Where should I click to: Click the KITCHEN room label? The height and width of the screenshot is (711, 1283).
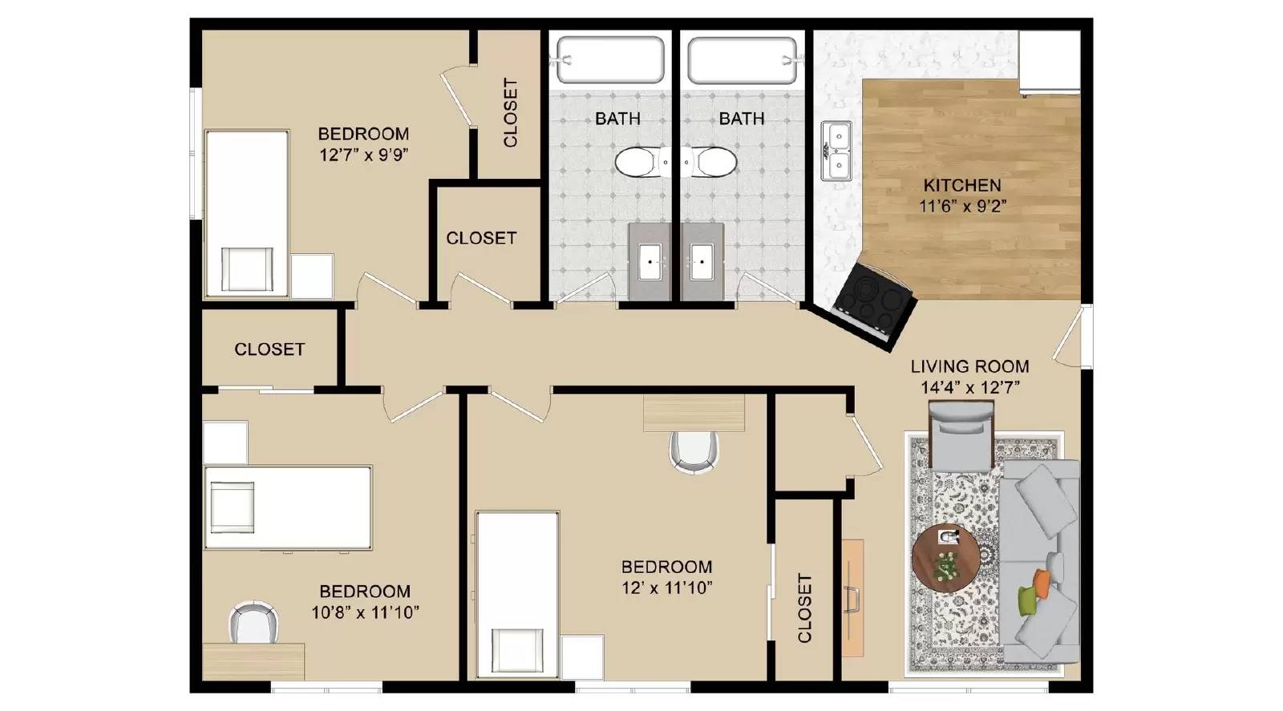click(961, 185)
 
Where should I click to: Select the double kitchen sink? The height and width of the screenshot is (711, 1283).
click(836, 151)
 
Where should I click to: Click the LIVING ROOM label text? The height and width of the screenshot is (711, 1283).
click(969, 366)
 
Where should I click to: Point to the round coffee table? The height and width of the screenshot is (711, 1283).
click(945, 557)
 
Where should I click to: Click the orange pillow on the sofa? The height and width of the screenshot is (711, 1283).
click(1041, 583)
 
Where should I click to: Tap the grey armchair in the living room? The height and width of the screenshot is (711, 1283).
click(961, 438)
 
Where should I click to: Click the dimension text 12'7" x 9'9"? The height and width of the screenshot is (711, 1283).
click(364, 155)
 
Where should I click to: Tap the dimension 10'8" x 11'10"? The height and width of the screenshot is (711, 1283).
click(365, 613)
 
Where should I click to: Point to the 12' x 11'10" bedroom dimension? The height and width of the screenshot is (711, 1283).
click(666, 588)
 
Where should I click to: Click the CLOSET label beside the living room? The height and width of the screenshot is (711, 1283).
click(804, 608)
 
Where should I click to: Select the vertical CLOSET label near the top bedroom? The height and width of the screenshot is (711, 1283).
click(510, 112)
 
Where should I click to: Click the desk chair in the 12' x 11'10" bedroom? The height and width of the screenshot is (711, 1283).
click(693, 450)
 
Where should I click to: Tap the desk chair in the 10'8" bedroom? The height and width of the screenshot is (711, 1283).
click(254, 623)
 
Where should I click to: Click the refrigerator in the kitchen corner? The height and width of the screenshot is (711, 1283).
click(1049, 62)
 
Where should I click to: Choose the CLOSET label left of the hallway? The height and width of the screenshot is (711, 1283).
click(269, 349)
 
